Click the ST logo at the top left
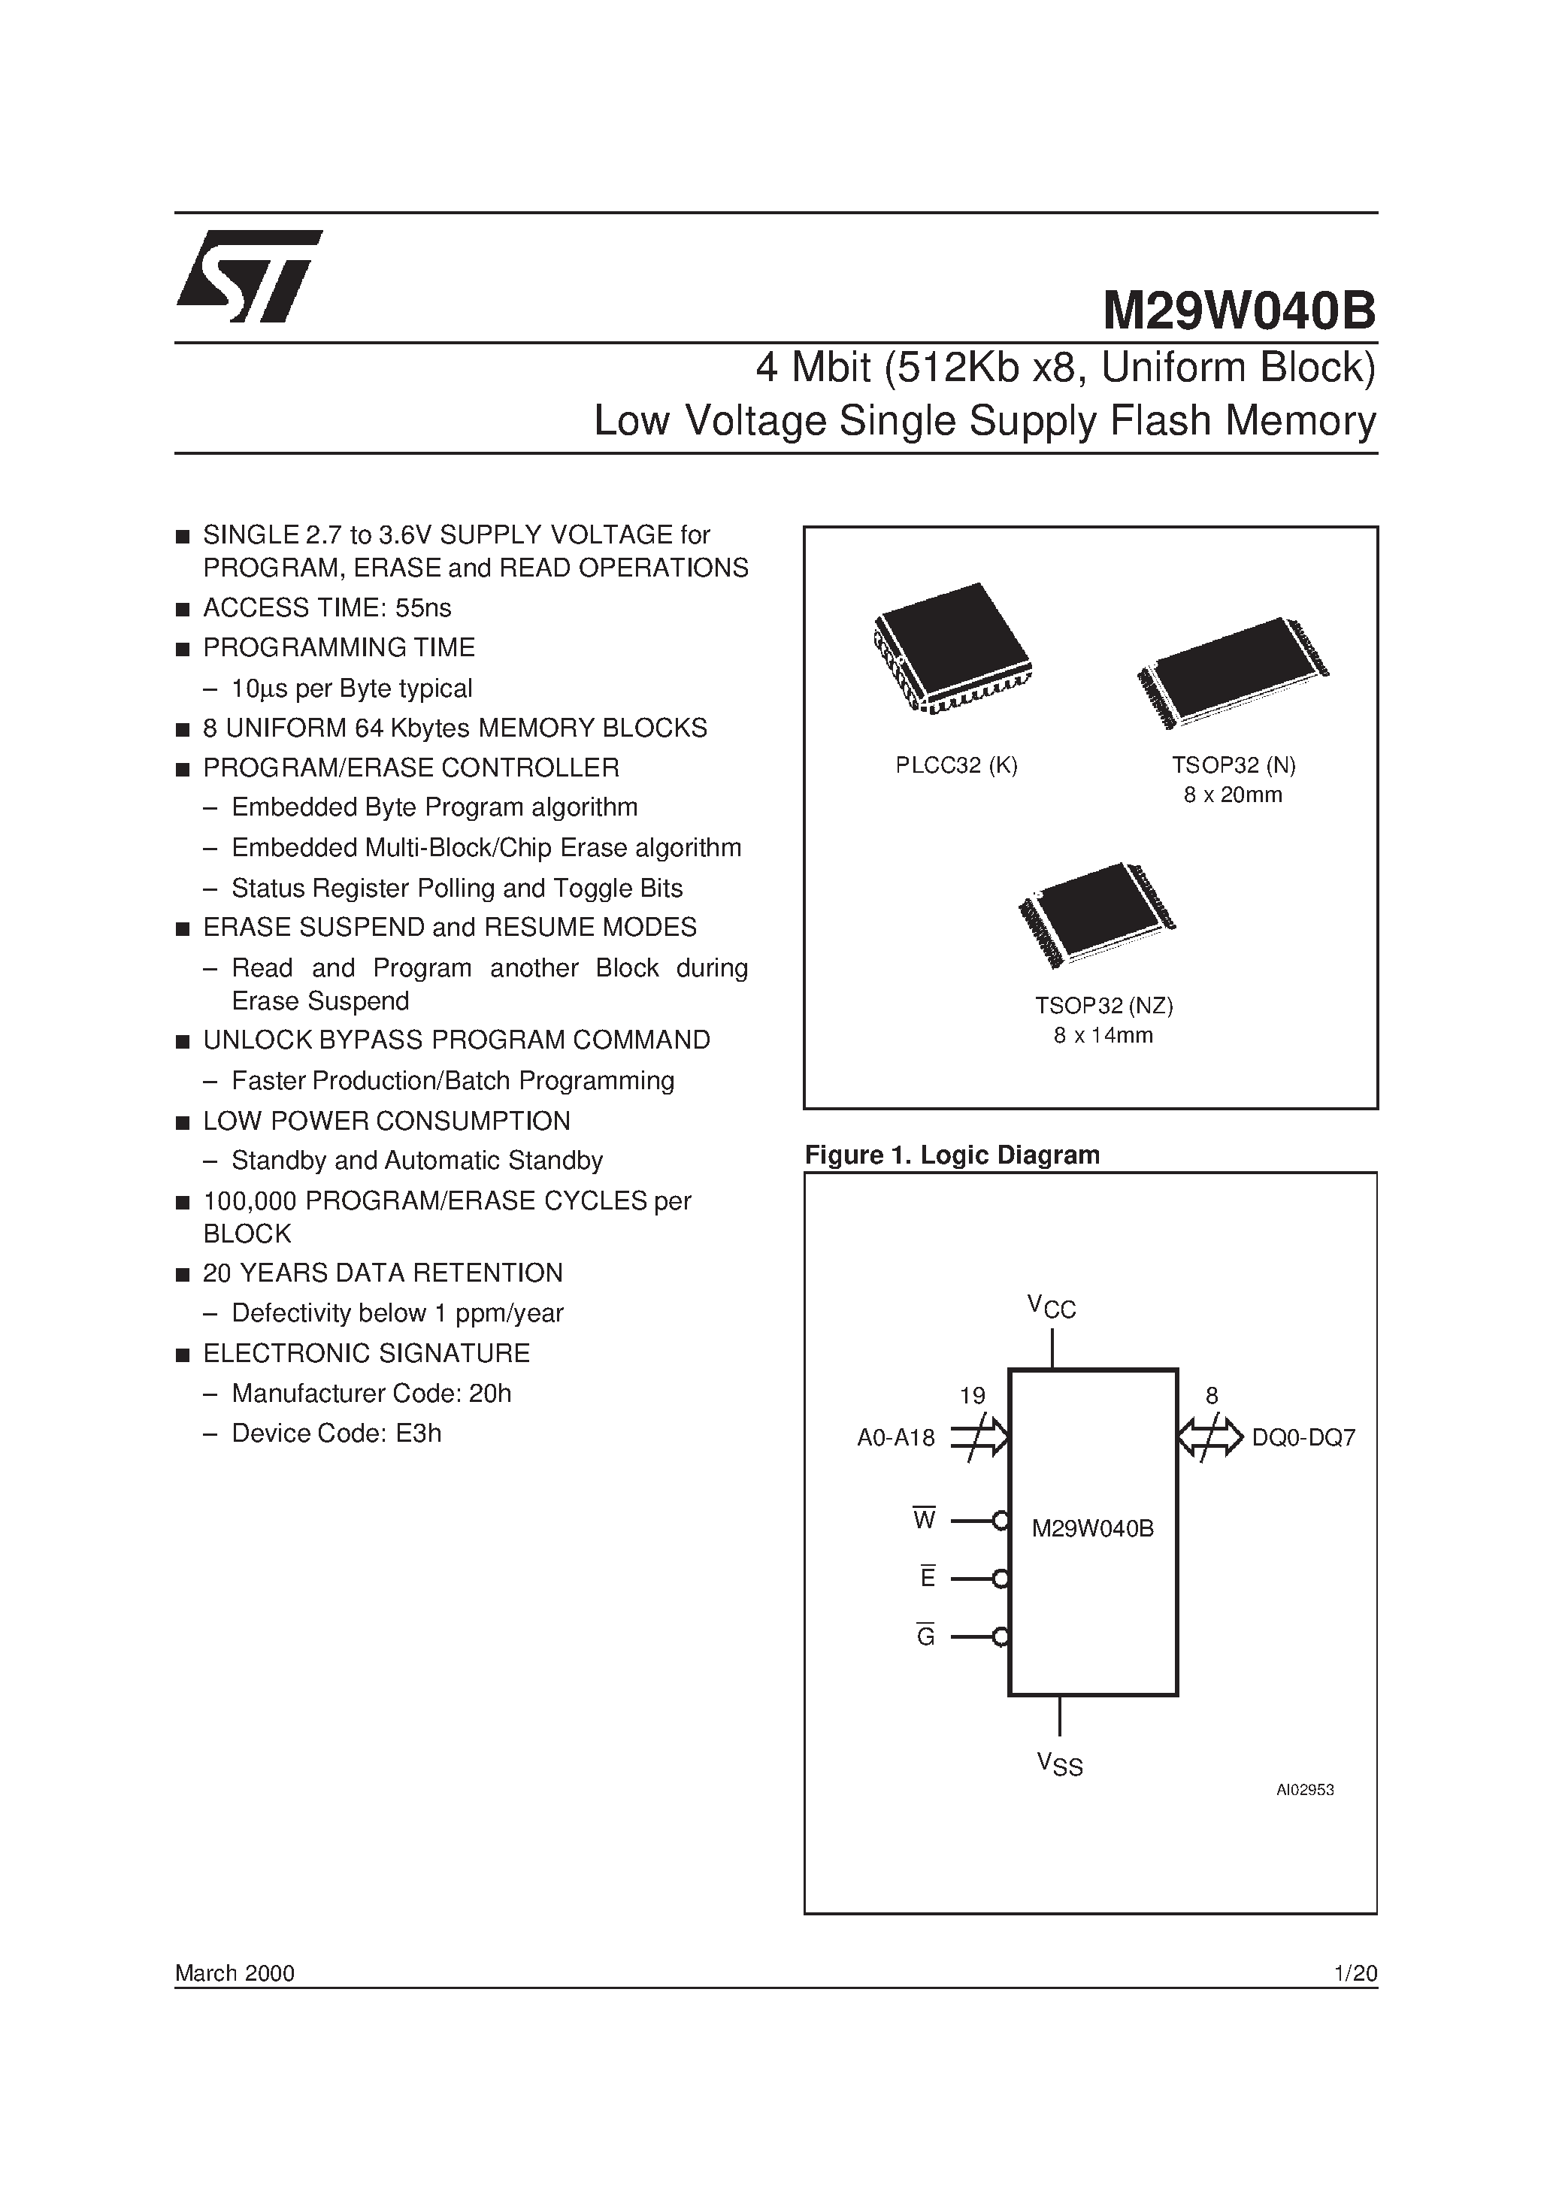(249, 276)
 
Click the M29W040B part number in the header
(1239, 310)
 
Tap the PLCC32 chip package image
(952, 647)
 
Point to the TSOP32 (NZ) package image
(1097, 913)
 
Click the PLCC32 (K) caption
(956, 765)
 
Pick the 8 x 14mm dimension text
(1103, 1035)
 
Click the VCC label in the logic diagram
(1052, 1306)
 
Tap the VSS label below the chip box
(1059, 1764)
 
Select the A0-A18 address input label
(895, 1437)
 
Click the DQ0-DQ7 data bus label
(1303, 1437)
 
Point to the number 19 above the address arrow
(972, 1396)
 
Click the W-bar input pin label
(924, 1519)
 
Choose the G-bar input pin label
(925, 1636)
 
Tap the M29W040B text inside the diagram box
(1092, 1529)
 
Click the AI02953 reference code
(1304, 1789)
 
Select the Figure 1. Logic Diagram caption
(952, 1155)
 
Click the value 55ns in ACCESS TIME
(423, 608)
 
